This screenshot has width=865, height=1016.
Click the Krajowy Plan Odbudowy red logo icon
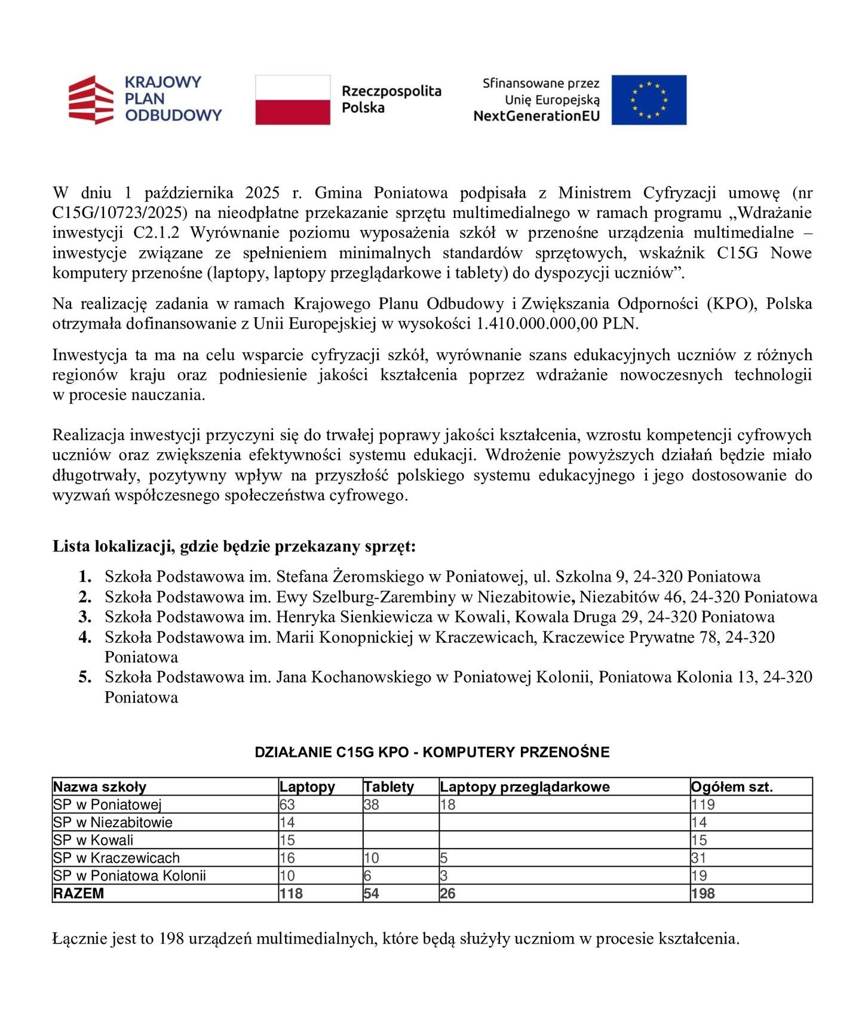(x=91, y=99)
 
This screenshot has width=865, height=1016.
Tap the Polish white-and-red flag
(x=293, y=100)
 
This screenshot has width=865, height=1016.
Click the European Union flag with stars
(x=649, y=100)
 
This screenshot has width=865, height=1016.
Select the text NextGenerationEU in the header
(x=536, y=116)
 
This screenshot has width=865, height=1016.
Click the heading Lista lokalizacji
(x=234, y=546)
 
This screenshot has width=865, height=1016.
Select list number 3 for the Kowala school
(x=85, y=617)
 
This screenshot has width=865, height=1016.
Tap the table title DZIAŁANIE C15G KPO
(x=432, y=752)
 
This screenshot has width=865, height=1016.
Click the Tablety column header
(x=388, y=787)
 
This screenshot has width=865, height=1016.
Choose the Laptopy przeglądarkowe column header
(x=524, y=787)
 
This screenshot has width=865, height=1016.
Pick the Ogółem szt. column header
(x=732, y=787)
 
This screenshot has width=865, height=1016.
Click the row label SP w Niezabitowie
(x=113, y=822)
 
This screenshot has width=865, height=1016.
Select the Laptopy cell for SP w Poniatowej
(x=287, y=805)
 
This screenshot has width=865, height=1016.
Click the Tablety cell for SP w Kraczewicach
(x=372, y=858)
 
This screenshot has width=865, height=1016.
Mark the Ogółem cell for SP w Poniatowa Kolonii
(x=700, y=876)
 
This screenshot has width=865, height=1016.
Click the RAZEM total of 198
(x=703, y=894)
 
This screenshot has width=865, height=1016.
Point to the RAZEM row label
(x=78, y=894)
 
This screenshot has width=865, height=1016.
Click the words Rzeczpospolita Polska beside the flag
(x=391, y=99)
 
